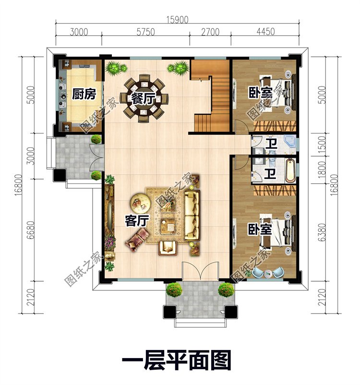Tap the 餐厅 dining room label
pos(143,99)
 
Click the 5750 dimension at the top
pos(145,33)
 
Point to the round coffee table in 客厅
pos(140,203)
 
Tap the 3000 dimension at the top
pos(79,33)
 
